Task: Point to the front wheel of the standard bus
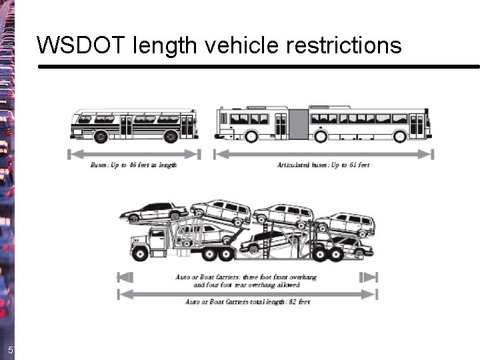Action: (171, 137)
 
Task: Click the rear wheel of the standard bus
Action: (101, 137)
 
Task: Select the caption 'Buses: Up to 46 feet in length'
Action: (133, 165)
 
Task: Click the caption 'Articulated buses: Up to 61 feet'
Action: (323, 165)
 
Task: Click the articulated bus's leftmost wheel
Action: (251, 136)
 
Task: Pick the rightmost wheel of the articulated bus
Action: (400, 136)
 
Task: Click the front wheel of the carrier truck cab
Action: (142, 253)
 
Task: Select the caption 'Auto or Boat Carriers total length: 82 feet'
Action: (247, 302)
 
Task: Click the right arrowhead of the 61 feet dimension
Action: (430, 154)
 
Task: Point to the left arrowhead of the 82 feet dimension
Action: (121, 293)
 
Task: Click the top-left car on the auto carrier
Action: (153, 213)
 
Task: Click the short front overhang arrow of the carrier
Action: (125, 277)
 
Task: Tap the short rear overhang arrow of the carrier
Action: (369, 277)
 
